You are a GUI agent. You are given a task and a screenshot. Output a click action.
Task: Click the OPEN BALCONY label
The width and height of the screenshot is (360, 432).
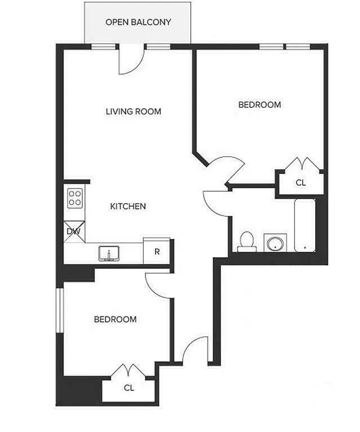138,22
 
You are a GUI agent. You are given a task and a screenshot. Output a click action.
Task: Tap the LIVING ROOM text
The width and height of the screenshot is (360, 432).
134,112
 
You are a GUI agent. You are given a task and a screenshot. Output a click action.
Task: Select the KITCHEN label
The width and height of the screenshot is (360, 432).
128,206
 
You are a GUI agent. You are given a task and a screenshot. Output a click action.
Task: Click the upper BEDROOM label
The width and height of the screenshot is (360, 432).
259,104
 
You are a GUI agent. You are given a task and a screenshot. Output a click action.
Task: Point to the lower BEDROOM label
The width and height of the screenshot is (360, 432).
115,319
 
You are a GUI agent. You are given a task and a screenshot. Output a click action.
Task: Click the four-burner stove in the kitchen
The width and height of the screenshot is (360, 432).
75,197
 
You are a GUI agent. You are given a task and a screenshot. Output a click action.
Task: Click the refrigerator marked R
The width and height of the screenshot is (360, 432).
157,251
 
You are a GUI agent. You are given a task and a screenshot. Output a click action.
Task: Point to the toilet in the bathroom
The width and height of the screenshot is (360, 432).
246,240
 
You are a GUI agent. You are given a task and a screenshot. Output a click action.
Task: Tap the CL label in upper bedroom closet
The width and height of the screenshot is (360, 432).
301,183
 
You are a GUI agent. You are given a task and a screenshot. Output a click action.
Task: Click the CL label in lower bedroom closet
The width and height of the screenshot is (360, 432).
129,387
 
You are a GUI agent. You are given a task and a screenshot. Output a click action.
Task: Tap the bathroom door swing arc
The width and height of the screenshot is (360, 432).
214,201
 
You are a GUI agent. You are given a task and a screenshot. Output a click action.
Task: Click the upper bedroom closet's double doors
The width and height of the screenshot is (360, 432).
301,164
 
